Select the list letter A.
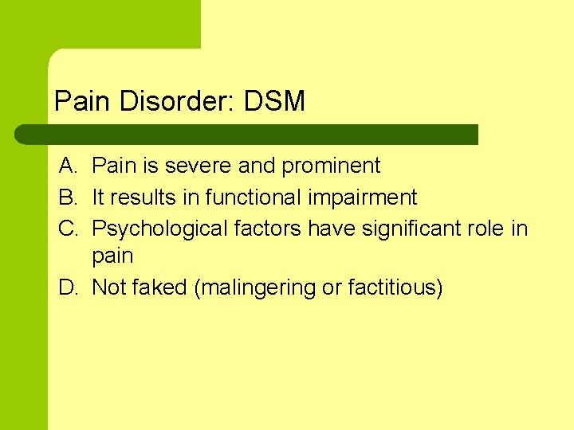pyautogui.click(x=67, y=166)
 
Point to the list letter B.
pyautogui.click(x=67, y=197)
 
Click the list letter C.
pyautogui.click(x=67, y=228)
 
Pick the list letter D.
pyautogui.click(x=67, y=287)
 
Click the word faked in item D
pyautogui.click(x=161, y=287)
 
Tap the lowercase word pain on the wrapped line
pyautogui.click(x=112, y=256)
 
